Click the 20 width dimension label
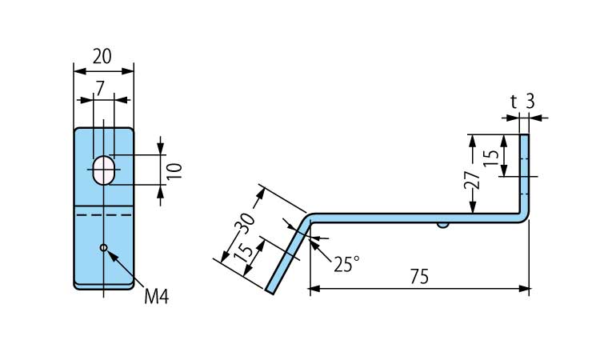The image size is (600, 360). point(102,56)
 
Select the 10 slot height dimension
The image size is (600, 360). point(176,170)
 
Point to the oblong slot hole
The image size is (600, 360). point(103,170)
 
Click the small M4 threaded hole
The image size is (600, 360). point(103,248)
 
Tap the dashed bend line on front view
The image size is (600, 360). point(103,214)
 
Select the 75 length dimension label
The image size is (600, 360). point(419,276)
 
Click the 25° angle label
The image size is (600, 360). point(346,265)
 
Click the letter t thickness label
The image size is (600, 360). point(513,101)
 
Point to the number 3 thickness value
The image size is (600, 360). point(530,101)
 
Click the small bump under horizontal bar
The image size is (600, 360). point(442,226)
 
